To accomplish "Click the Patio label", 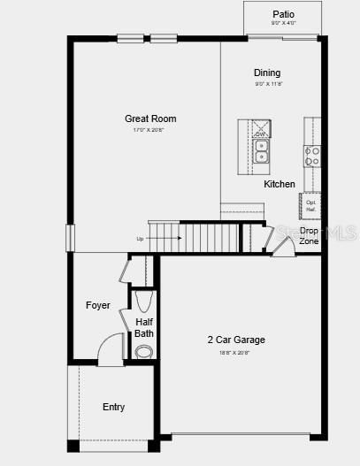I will click(x=283, y=14).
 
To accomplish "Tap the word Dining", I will click(x=267, y=73).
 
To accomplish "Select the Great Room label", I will click(x=150, y=118).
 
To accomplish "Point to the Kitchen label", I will click(x=280, y=184).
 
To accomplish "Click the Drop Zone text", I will click(x=309, y=235).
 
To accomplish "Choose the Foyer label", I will click(x=98, y=305).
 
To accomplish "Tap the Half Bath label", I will click(x=144, y=328).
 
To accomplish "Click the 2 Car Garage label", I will click(x=236, y=340).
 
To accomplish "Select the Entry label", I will click(x=113, y=407).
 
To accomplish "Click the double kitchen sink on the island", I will click(x=261, y=151).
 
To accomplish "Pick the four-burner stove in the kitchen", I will click(x=312, y=157).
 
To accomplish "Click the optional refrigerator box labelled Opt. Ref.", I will click(x=311, y=205).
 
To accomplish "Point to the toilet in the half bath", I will click(x=143, y=351).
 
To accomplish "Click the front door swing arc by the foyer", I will click(x=109, y=348).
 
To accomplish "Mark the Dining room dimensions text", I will click(x=267, y=84).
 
